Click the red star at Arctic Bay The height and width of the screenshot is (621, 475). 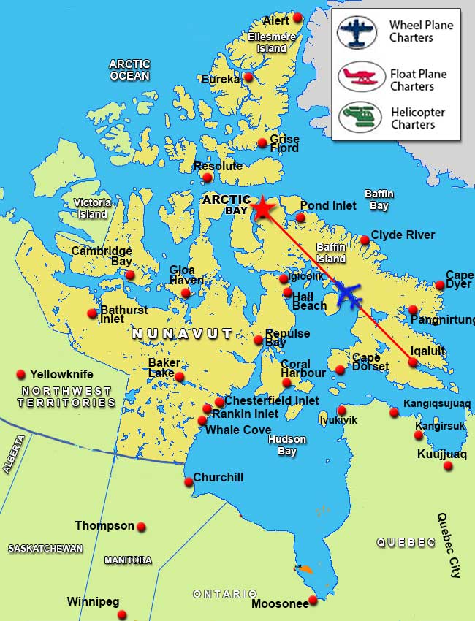262,209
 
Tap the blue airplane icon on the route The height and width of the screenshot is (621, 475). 350,296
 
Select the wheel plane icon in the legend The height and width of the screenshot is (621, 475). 357,32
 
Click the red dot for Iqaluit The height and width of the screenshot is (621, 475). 413,362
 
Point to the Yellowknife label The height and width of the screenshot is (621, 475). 61,374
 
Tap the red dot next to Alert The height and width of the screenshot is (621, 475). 297,18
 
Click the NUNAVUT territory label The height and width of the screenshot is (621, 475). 182,334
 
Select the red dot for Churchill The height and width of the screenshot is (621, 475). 189,481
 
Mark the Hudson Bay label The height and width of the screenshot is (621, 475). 286,445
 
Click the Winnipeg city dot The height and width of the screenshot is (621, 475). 122,614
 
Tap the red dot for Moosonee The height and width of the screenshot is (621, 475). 313,600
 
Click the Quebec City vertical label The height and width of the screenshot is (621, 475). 447,545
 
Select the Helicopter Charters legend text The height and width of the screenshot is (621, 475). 417,118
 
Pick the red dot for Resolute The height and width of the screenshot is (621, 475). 208,178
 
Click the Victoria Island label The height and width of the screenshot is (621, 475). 92,208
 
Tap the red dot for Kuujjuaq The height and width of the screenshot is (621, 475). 448,465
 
